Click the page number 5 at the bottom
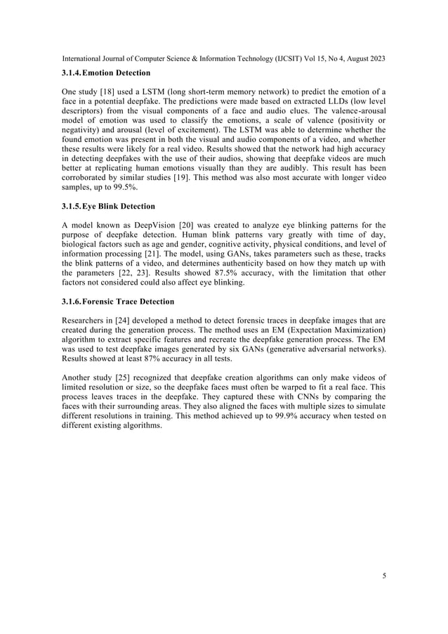click(x=384, y=576)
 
